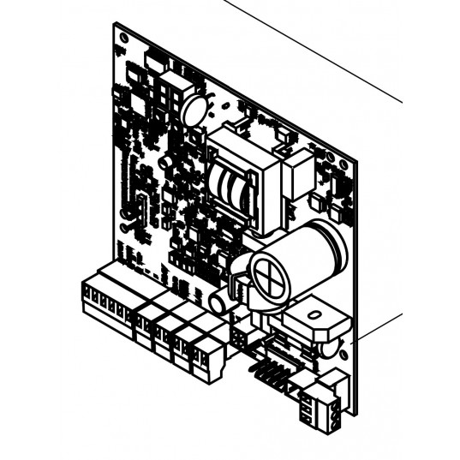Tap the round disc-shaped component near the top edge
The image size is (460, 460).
(194, 109)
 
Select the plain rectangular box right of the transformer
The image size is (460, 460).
(297, 176)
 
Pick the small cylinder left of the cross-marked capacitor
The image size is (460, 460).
(218, 301)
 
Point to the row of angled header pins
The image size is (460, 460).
(263, 372)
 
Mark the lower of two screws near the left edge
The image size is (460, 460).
(125, 228)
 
